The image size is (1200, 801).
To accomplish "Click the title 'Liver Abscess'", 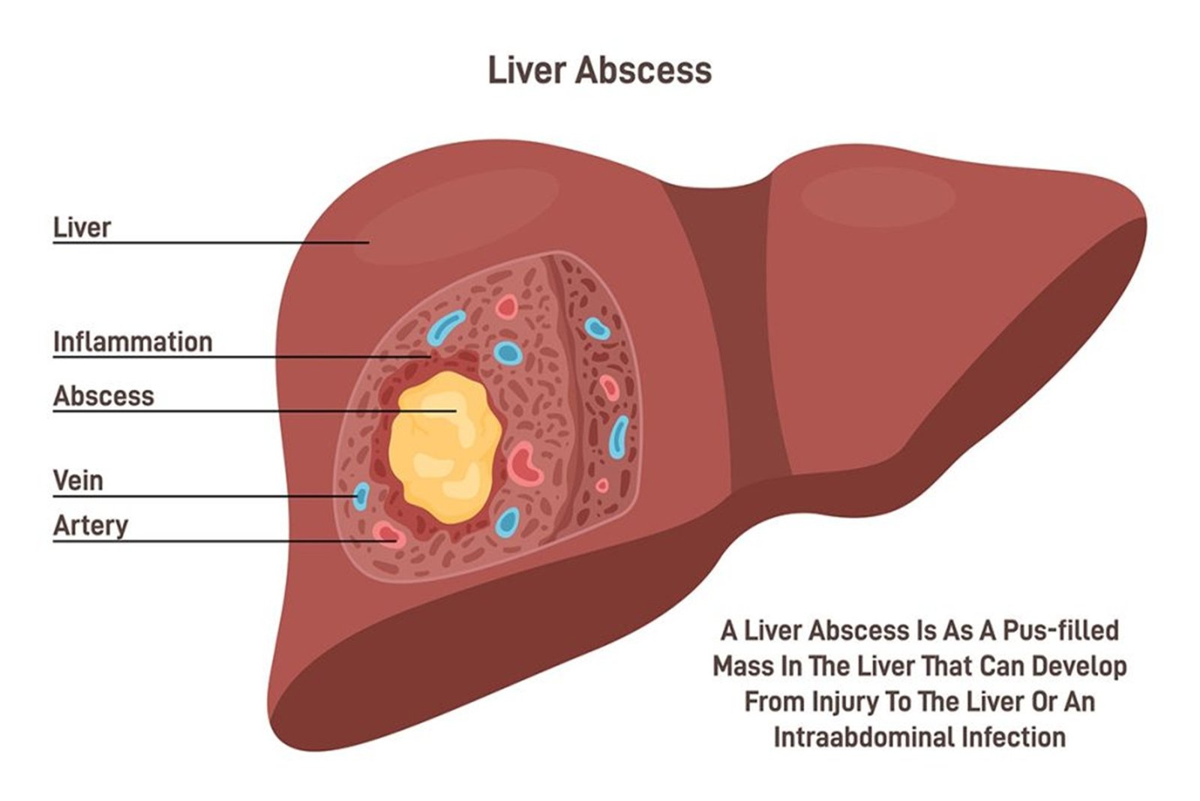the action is [x=599, y=70].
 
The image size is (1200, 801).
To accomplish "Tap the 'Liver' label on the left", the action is [x=82, y=228].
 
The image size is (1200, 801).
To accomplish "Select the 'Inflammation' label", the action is [x=133, y=342].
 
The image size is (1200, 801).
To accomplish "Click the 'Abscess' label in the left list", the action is [x=103, y=397].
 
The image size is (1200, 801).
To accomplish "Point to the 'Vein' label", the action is [x=78, y=481].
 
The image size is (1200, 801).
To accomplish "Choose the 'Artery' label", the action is [x=91, y=526].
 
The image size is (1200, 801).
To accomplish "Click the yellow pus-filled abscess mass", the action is [x=445, y=448].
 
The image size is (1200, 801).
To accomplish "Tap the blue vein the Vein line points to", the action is [x=361, y=496].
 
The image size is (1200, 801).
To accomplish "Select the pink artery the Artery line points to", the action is [x=389, y=534].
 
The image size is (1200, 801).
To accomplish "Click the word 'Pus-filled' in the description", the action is [x=1060, y=631].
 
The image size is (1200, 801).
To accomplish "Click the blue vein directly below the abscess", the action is [x=507, y=522].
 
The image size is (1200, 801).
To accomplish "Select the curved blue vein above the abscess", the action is [x=445, y=327].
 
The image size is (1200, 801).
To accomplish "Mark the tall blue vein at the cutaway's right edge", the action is [x=619, y=437].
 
